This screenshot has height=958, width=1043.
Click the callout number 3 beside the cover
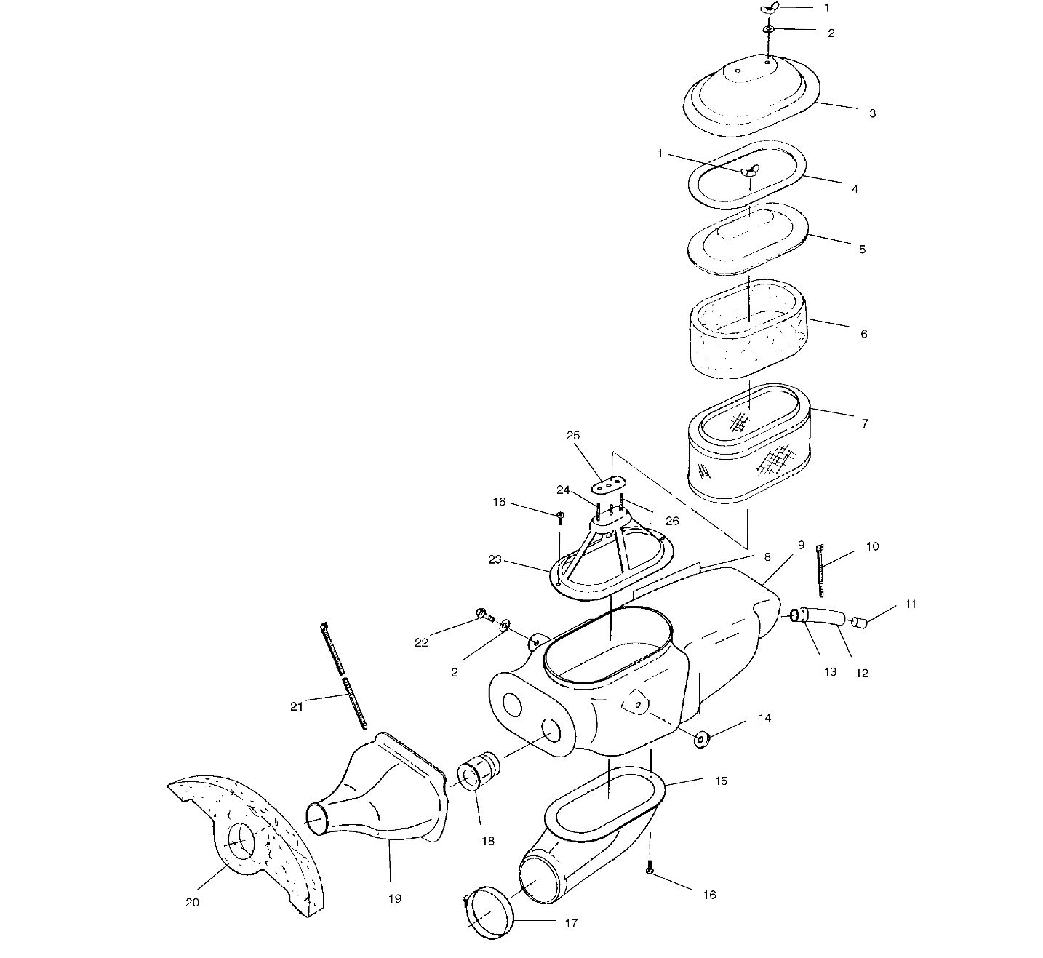coord(871,113)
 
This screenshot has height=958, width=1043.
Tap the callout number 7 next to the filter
coord(864,423)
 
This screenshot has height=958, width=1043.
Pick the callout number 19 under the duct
coord(394,898)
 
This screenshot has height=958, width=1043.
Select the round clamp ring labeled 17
coord(488,911)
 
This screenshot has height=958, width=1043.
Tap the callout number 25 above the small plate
coord(573,435)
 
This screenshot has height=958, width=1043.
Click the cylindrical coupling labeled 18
coord(476,773)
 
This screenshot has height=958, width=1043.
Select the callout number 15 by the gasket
coord(721,781)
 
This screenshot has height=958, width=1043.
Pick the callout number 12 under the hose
coord(861,673)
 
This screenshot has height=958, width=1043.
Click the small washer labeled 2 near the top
coord(769,29)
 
